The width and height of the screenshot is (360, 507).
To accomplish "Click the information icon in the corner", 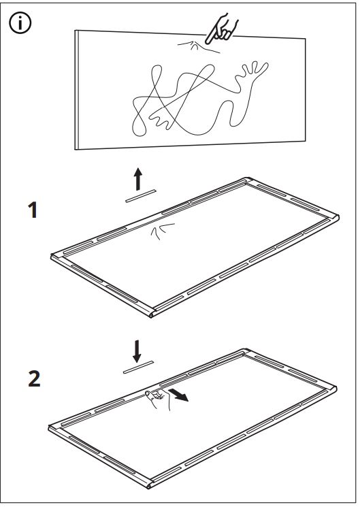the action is (20, 23).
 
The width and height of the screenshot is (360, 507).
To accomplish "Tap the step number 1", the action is (33, 210).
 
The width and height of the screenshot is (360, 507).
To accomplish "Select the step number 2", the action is (34, 378).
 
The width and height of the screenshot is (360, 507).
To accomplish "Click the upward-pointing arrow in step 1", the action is (138, 179).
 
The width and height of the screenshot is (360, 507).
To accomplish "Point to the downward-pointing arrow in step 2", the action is (137, 351).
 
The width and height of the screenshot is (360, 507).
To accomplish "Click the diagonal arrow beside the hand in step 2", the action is (179, 395).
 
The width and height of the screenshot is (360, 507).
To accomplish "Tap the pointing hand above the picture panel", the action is (221, 29).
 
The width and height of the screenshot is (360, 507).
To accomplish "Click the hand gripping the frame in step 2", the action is (159, 399).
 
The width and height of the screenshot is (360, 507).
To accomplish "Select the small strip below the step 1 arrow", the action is (141, 196).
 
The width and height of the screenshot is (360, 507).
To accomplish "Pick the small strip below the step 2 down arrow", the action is (138, 367).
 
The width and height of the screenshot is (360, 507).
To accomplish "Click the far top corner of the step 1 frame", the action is (248, 179).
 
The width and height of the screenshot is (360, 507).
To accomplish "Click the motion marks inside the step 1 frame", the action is (163, 231).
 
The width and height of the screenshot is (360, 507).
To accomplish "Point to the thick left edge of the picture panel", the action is (77, 90).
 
